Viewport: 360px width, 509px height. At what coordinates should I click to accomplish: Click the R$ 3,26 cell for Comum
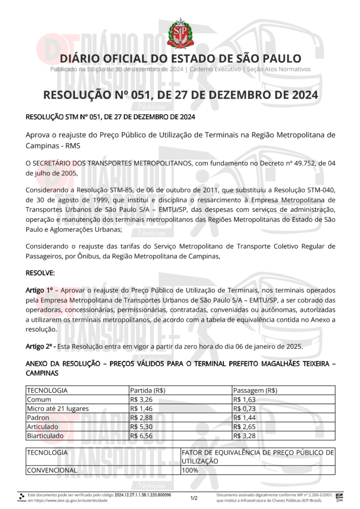pos(138,399)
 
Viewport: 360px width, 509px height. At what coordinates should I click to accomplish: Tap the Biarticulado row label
pos(46,435)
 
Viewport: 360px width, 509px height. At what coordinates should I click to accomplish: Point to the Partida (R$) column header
pos(148,390)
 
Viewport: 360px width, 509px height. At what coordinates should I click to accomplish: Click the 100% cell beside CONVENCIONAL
pos(190,470)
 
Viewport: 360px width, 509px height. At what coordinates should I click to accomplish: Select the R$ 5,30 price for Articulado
pos(138,426)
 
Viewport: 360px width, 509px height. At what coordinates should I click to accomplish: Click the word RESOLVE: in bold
pos(40,273)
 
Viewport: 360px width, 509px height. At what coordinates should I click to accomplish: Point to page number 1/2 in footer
pos(194,498)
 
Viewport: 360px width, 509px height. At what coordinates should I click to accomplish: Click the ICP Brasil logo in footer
pos(340,497)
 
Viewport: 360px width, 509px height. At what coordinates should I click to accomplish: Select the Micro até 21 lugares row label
pos(58,408)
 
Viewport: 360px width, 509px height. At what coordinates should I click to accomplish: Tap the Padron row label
pos(38,418)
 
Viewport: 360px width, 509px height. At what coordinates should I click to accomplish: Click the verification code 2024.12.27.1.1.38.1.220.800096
pos(143,495)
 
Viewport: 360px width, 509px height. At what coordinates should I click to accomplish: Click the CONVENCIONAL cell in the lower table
pos(52,470)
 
